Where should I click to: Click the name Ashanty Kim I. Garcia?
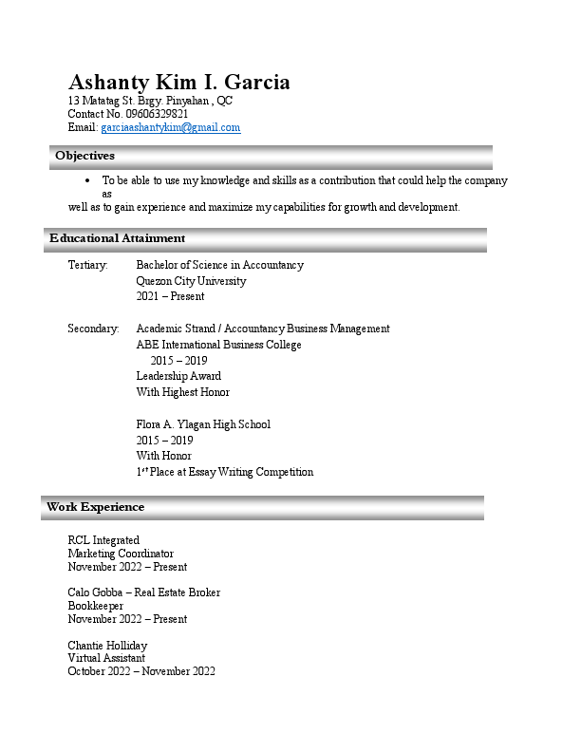[x=178, y=82]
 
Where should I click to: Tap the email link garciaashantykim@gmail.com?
[x=170, y=127]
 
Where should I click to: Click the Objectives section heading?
[x=84, y=156]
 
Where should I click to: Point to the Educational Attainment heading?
[x=117, y=238]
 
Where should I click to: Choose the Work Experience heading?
[x=95, y=507]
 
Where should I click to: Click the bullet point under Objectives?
[x=87, y=180]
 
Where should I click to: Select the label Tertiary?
[x=87, y=265]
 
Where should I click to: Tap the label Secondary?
[x=93, y=329]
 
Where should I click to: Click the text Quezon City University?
[x=191, y=281]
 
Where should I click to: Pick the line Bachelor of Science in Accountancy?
[x=219, y=265]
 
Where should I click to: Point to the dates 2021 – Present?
[x=170, y=296]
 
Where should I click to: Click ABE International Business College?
[x=218, y=345]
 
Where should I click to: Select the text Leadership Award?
[x=178, y=376]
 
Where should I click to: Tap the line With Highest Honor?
[x=182, y=392]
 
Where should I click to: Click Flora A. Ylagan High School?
[x=203, y=424]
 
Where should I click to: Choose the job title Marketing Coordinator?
[x=121, y=554]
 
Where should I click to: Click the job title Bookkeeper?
[x=95, y=606]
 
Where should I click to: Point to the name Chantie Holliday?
[x=107, y=646]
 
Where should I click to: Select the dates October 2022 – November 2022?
[x=141, y=671]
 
